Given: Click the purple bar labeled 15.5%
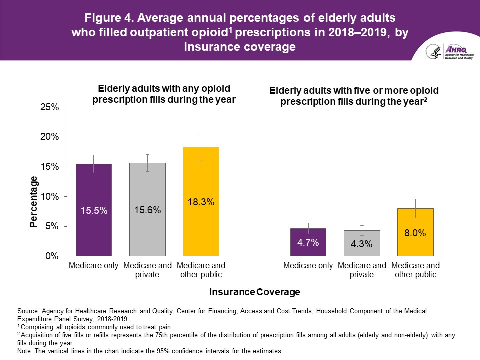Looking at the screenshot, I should point(94,210).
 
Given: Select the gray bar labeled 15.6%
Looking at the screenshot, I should point(147,210).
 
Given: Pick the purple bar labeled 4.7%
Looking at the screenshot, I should point(308,242).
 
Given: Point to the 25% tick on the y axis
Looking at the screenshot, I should point(49,107).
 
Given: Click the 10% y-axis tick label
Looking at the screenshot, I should point(49,196).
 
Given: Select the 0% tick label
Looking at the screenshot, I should point(52,256).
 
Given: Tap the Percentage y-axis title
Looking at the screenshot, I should point(34,202).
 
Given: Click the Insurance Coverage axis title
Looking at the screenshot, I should point(255,292).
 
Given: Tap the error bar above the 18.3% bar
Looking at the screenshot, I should point(201,147).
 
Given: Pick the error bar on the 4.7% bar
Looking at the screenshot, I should point(308,228).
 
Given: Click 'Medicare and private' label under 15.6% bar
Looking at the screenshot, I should point(147,270).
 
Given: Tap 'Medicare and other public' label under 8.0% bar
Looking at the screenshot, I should point(415,270).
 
